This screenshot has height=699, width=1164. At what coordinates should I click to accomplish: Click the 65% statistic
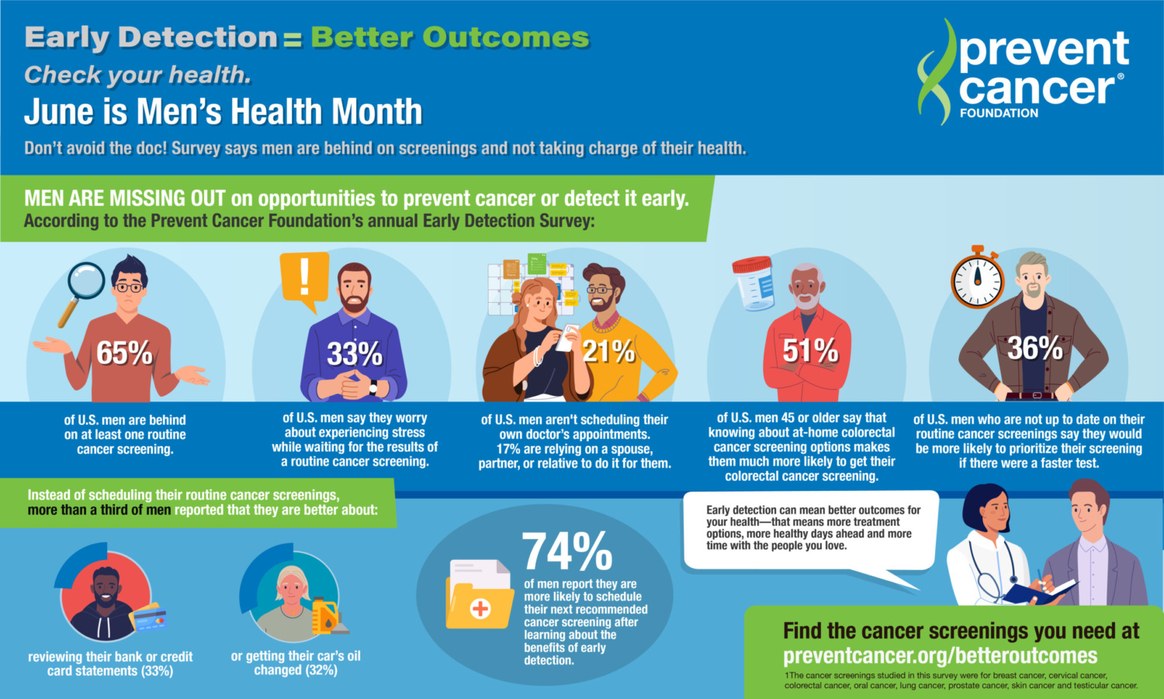pyautogui.click(x=124, y=353)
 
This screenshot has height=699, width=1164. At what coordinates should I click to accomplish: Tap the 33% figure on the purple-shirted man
pyautogui.click(x=355, y=354)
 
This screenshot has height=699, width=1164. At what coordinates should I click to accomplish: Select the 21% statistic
pyautogui.click(x=608, y=352)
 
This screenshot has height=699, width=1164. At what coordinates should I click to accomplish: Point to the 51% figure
pyautogui.click(x=810, y=351)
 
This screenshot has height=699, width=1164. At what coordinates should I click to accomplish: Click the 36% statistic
pyautogui.click(x=1034, y=349)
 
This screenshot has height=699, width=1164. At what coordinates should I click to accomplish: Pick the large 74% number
pyautogui.click(x=566, y=551)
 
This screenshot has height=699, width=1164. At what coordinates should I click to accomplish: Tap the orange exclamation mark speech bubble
pyautogui.click(x=304, y=280)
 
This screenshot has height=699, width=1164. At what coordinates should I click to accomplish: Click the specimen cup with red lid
pyautogui.click(x=753, y=283)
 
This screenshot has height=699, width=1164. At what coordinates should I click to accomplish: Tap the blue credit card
pyautogui.click(x=150, y=619)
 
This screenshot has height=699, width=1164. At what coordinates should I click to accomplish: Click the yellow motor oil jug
pyautogui.click(x=325, y=616)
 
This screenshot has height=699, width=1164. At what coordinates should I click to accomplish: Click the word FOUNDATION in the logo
pyautogui.click(x=999, y=113)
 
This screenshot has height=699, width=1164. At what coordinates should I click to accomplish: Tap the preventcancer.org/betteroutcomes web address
pyautogui.click(x=940, y=656)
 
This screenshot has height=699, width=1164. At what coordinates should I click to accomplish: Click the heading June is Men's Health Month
pyautogui.click(x=223, y=112)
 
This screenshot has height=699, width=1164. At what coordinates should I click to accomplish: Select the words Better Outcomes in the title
pyautogui.click(x=450, y=37)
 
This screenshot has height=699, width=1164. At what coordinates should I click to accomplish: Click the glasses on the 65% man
pyautogui.click(x=129, y=287)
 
